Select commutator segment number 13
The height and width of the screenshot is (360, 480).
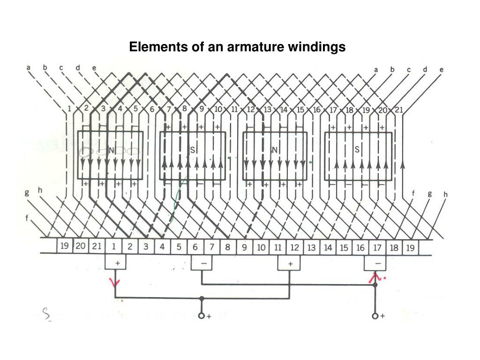point(311,247)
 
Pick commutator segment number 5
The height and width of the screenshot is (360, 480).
point(179,247)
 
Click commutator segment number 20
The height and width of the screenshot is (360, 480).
point(81,247)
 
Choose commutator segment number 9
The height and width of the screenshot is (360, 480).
point(244,247)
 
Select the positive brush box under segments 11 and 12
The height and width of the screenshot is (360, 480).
point(290,263)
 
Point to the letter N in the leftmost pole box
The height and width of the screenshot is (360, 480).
point(111,150)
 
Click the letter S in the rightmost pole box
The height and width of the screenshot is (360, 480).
point(357,150)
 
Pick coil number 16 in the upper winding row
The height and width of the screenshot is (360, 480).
point(317,110)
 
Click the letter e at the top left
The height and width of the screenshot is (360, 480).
point(94,67)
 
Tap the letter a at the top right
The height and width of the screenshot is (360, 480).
point(376,70)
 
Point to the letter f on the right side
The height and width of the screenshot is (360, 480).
point(413,193)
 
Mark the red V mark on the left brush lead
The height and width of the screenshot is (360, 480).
point(115,282)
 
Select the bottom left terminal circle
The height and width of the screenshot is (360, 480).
point(202,315)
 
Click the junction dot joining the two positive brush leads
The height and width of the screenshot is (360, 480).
point(202,298)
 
